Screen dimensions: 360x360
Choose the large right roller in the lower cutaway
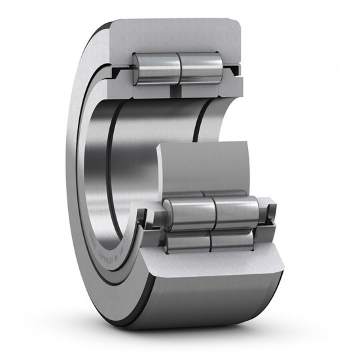click(236, 209)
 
